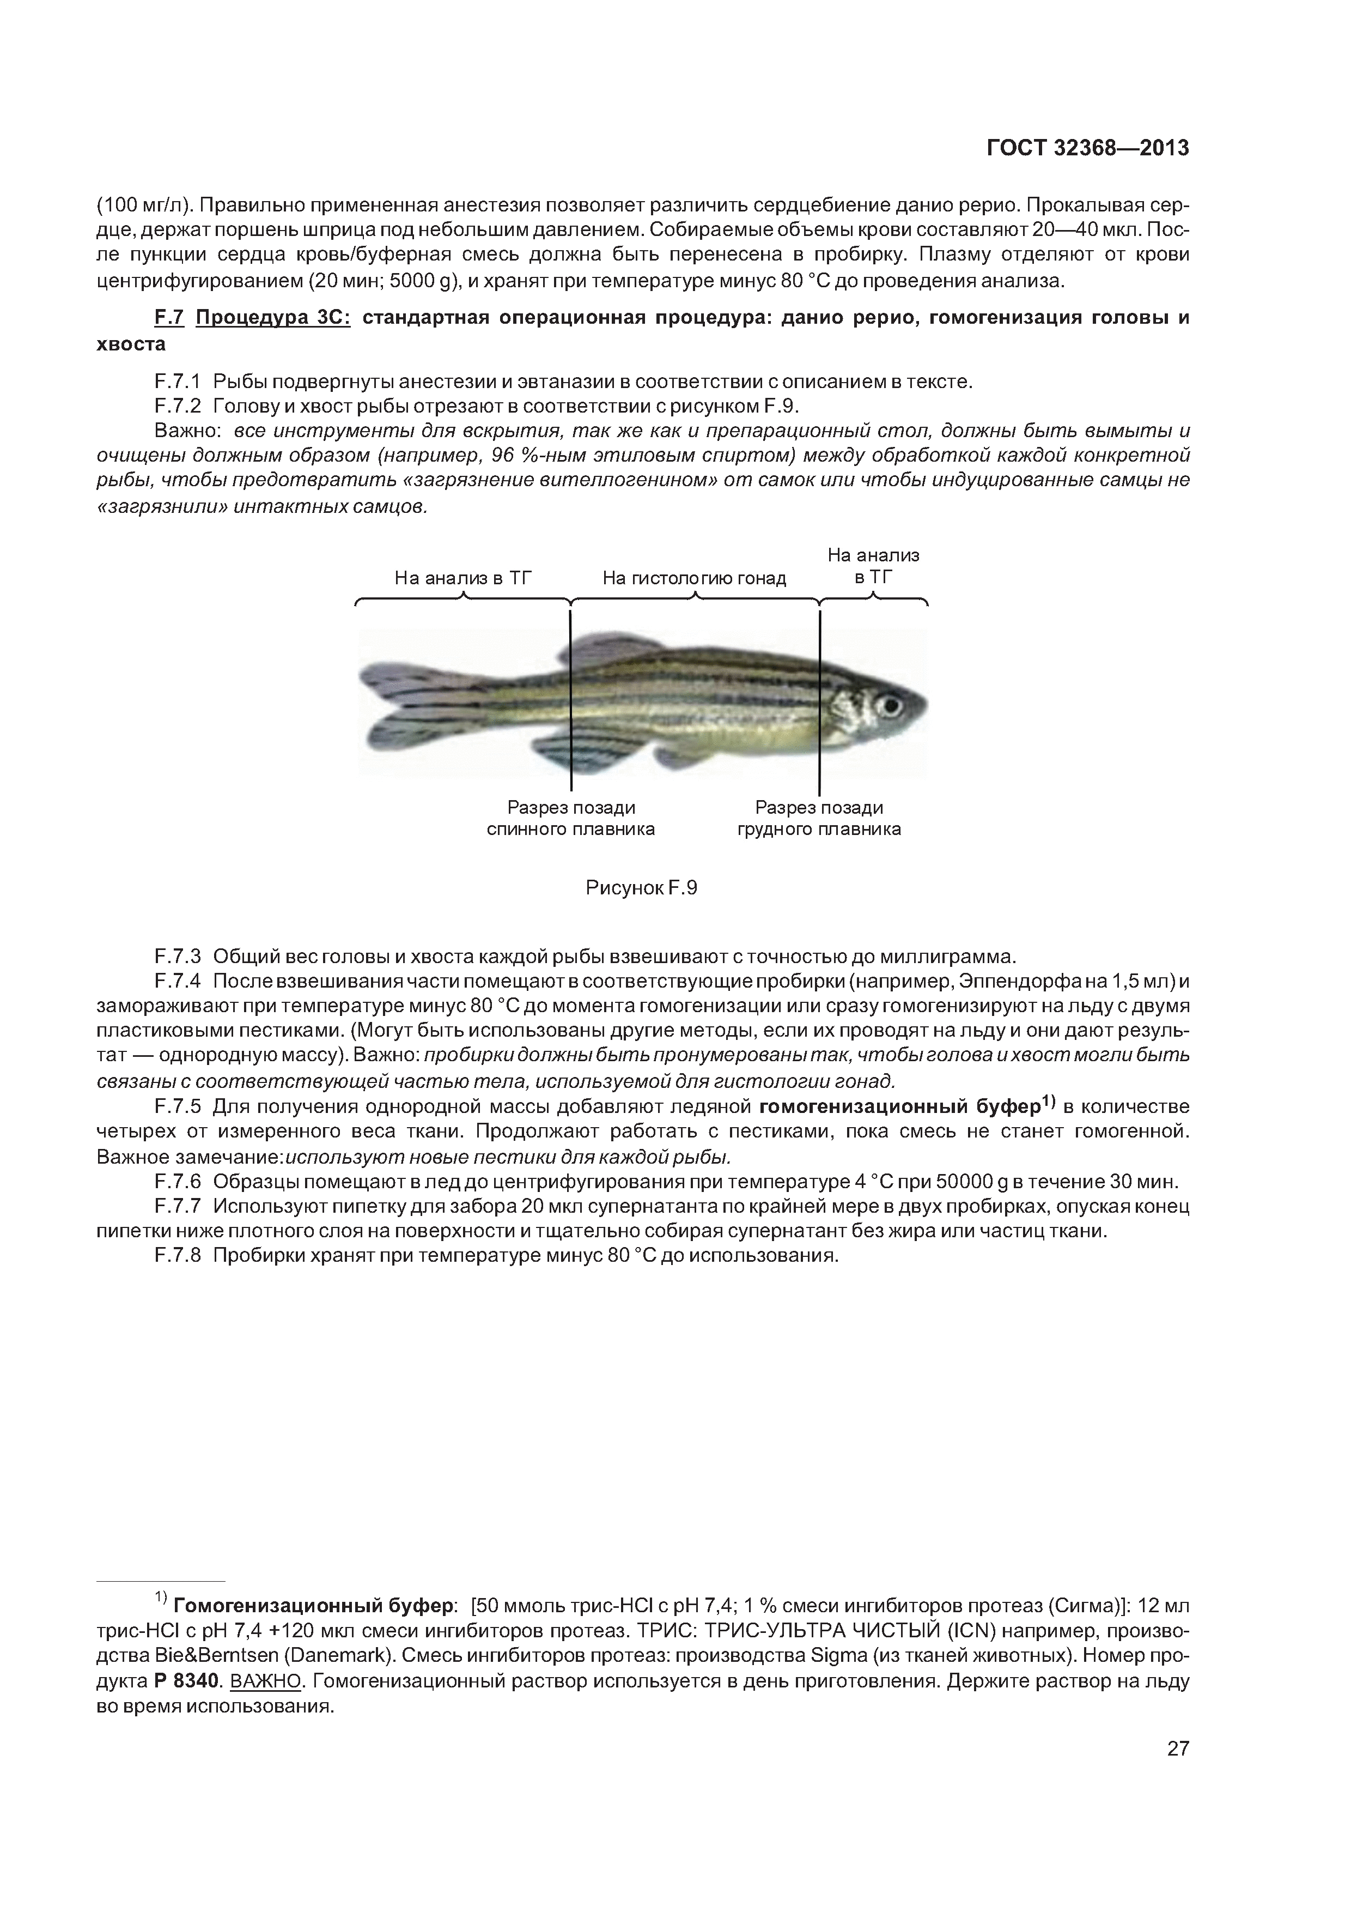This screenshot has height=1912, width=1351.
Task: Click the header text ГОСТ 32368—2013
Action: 1087,148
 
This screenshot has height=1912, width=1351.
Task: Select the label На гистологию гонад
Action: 693,578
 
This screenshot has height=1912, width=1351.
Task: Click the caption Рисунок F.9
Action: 641,888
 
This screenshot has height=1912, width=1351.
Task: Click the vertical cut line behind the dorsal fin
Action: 571,699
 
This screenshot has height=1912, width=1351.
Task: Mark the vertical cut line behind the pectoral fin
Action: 820,699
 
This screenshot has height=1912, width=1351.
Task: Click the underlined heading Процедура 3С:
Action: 273,318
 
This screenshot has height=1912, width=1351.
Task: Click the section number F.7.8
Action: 177,1255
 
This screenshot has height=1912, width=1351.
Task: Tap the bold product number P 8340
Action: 187,1681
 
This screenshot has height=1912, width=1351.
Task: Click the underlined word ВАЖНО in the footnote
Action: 265,1681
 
